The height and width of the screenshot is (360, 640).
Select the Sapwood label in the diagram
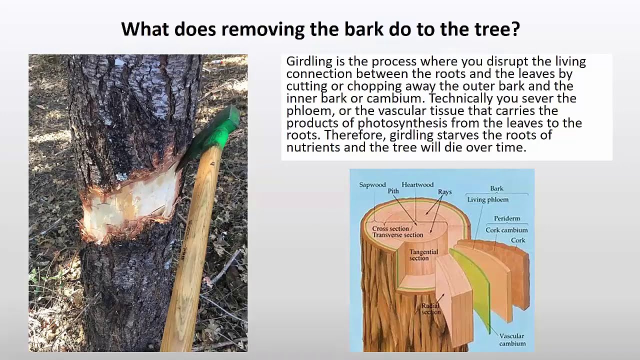tap(372, 185)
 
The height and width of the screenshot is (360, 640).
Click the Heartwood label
tap(417, 185)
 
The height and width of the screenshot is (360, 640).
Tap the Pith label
tap(393, 191)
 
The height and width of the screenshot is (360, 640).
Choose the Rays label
tap(444, 192)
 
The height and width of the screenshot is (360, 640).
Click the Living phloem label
tap(487, 200)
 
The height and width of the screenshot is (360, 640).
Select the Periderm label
tap(507, 219)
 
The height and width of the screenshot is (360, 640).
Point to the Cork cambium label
tap(506, 230)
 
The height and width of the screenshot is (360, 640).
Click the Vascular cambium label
tap(512, 339)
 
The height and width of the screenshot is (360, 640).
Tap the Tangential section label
tap(423, 255)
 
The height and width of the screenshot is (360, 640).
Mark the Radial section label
tap(430, 308)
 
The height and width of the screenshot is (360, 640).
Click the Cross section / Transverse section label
tap(397, 232)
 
